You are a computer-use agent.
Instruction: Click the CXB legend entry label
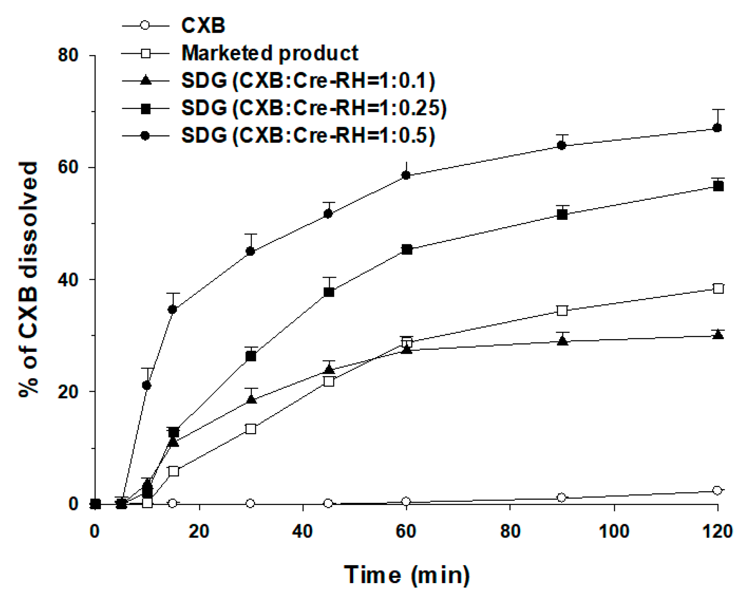coord(203,26)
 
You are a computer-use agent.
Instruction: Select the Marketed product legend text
coord(270,53)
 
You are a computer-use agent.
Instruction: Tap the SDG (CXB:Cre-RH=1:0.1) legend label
coord(308,80)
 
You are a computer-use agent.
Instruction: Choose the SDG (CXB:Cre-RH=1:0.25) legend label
coord(314,108)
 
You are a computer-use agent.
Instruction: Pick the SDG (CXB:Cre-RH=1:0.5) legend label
coord(308,135)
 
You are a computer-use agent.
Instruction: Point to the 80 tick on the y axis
coord(68,55)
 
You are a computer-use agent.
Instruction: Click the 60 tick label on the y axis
coord(68,167)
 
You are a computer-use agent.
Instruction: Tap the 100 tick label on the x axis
coord(614,532)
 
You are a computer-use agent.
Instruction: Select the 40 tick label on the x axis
coord(303,532)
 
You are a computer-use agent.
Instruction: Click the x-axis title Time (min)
coord(407,575)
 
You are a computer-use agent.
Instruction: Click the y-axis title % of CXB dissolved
coord(29,279)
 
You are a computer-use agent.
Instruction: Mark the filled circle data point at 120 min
coord(717,128)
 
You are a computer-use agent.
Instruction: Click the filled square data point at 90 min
coord(562,215)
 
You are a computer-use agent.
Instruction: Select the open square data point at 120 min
coord(718,288)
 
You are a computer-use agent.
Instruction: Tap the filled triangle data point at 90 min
coord(563,341)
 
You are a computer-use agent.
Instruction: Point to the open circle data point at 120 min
coord(717,490)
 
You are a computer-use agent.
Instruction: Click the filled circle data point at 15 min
coord(173,309)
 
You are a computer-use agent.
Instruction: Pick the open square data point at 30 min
coord(251,429)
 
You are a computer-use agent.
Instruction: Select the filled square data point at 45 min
coord(329,292)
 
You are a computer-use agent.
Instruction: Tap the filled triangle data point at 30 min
coord(251,399)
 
